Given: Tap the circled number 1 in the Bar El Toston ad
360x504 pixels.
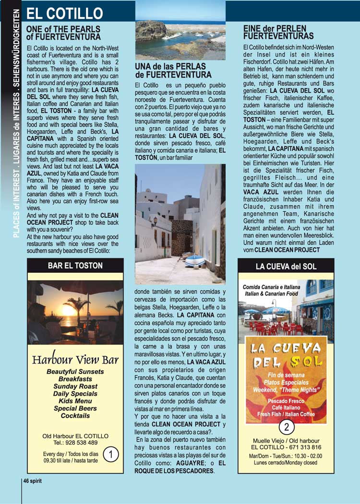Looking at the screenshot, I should [x=110, y=454].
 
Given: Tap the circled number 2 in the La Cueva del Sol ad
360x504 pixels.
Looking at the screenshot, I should [x=287, y=426].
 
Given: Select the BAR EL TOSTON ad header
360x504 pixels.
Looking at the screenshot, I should [x=75, y=265].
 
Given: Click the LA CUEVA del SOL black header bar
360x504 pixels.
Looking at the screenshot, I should [x=286, y=266].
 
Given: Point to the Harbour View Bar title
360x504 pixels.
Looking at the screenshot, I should [x=75, y=360].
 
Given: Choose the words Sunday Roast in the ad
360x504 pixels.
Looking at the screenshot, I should [x=75, y=386].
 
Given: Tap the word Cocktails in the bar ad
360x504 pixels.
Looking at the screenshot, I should [x=75, y=416].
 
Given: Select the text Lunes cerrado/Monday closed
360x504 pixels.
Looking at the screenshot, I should [x=287, y=462].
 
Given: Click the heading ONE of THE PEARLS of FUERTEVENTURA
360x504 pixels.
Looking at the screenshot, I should [x=63, y=33].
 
